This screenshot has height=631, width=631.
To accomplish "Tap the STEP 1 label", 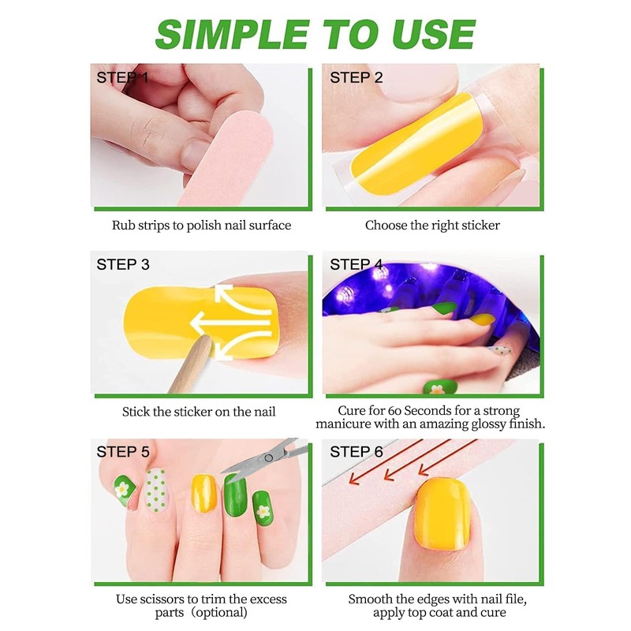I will (x=122, y=77).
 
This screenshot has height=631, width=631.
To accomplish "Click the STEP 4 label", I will (x=356, y=264).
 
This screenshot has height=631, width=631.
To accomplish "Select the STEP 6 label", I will (x=356, y=452).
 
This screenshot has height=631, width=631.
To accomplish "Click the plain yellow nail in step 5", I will (x=204, y=492).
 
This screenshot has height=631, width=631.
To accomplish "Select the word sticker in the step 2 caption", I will (x=478, y=225).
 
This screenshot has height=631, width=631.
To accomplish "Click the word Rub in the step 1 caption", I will (x=123, y=225).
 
